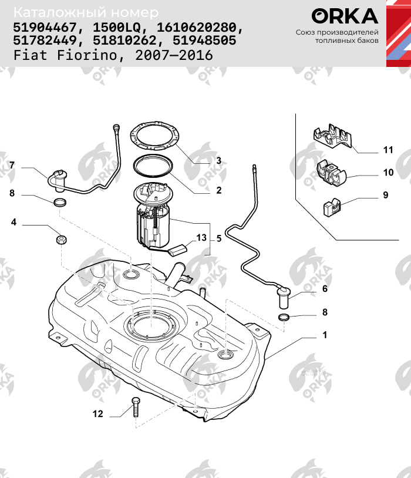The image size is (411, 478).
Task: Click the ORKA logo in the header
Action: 345,16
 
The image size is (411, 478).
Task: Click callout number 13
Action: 201,238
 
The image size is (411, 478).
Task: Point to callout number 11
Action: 388,150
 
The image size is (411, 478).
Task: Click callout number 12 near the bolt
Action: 97,414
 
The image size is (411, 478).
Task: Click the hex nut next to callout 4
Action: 61,240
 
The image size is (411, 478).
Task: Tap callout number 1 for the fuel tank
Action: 324,335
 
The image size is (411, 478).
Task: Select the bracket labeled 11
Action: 331,137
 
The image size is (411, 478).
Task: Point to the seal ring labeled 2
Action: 154,167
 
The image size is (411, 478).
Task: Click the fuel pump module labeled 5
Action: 154,220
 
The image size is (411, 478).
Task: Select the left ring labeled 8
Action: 59,203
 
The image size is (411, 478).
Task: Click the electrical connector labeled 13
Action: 177,250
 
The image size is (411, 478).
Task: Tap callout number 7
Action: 11,165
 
